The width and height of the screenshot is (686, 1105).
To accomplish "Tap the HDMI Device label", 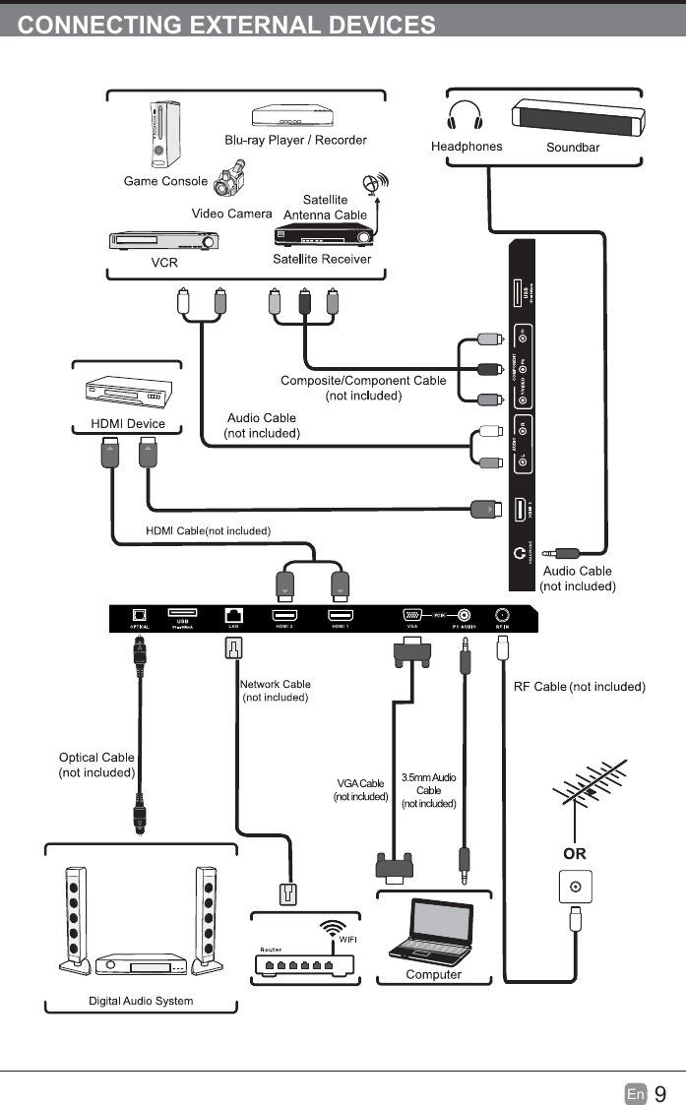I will [x=127, y=424].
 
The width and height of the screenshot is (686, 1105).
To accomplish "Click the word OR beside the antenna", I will [x=575, y=853].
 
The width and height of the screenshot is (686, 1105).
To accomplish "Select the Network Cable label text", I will [x=276, y=684].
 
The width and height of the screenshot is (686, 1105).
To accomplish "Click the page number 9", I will [x=660, y=1093].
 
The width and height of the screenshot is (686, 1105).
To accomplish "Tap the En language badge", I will [x=636, y=1094].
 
